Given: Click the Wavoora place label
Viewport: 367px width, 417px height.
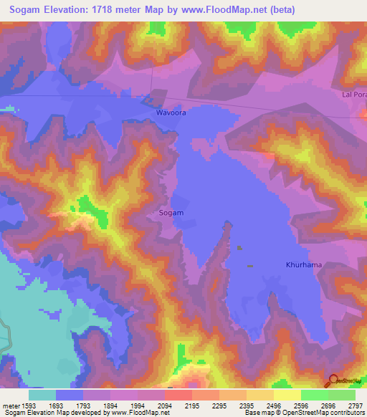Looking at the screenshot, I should (170, 113).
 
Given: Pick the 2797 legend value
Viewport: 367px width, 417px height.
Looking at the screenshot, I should (356, 406).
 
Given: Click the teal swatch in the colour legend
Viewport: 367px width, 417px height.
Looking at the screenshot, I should (42, 395).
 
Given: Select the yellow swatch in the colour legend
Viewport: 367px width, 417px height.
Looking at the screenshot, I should (287, 395).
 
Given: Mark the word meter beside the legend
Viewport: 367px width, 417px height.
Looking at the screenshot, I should (9, 406).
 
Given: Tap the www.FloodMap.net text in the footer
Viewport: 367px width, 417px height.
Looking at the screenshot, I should (134, 413).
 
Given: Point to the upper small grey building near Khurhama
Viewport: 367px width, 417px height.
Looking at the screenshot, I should (239, 248).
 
